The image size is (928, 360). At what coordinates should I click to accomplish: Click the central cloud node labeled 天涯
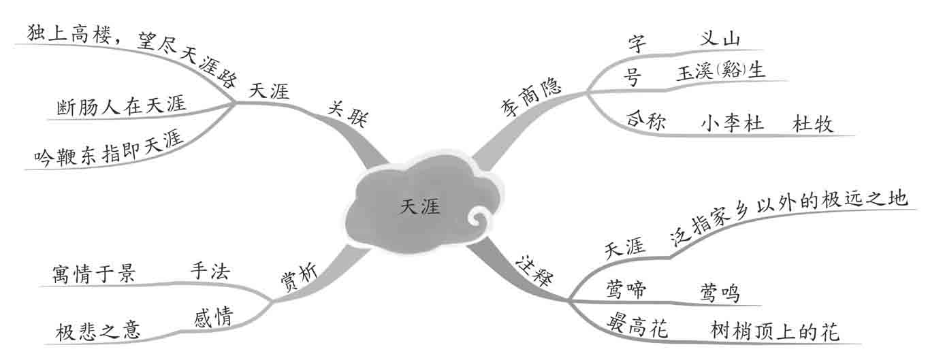point(419,206)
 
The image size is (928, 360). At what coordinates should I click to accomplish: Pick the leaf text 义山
point(720,39)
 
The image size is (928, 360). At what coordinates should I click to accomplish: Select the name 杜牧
point(813,124)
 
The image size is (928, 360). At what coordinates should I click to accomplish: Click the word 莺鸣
point(720,293)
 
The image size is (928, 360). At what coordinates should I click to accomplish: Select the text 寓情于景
point(93,274)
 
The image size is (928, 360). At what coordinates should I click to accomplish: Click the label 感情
point(212,316)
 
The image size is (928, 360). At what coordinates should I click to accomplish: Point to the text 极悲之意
point(99,331)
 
